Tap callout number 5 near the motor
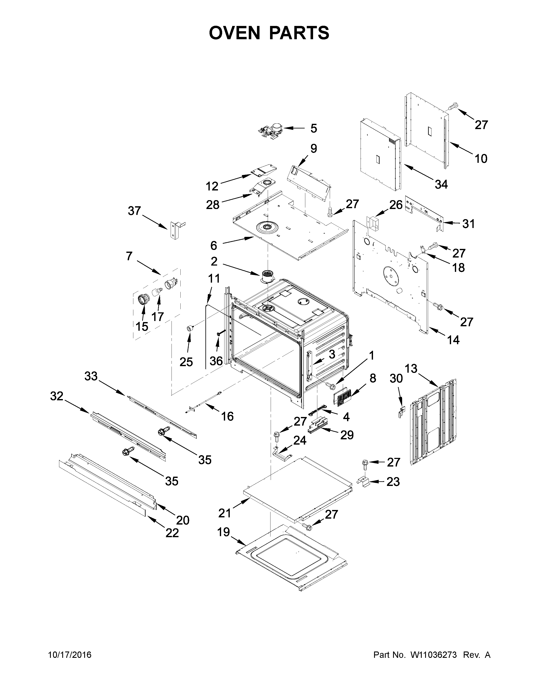tap(314, 129)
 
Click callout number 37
tap(134, 211)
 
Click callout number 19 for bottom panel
tap(223, 532)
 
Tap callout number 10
tap(481, 158)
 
